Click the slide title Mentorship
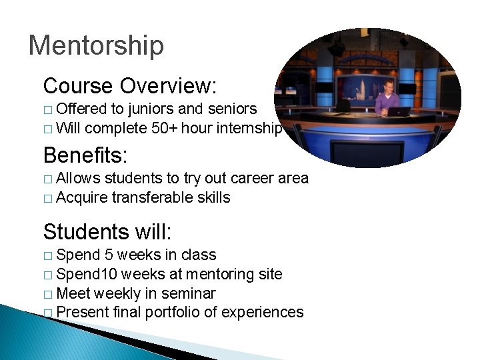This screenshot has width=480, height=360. coord(96,45)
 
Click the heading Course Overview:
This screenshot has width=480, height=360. coord(130,85)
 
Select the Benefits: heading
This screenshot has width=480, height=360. coord(85,155)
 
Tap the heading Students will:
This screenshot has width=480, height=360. coord(107,232)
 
